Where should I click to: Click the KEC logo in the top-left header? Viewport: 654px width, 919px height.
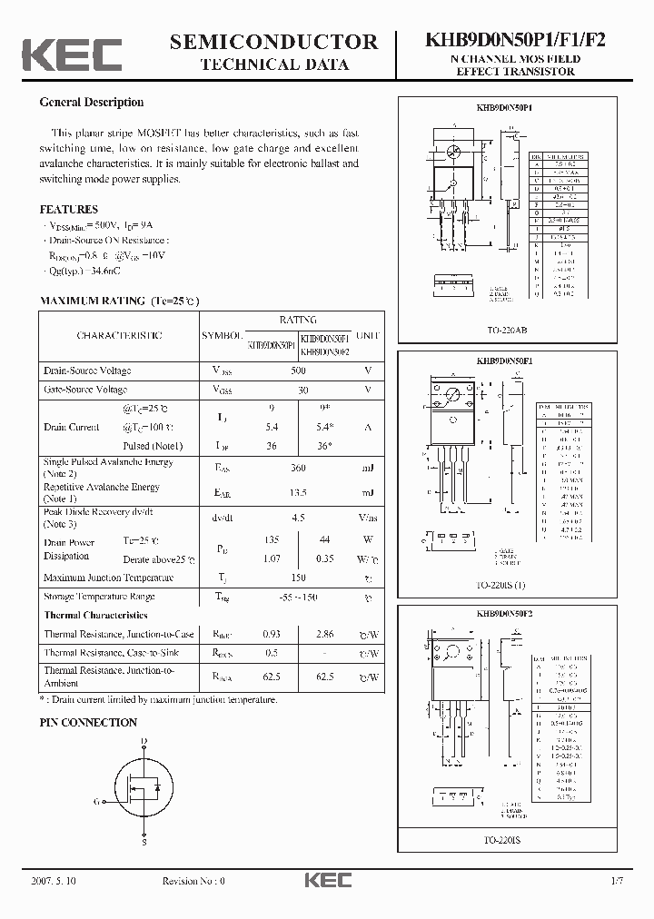(72, 54)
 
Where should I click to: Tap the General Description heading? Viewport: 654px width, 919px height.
(91, 103)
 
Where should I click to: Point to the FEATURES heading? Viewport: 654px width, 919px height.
(68, 209)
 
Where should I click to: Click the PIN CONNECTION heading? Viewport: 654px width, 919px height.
(88, 723)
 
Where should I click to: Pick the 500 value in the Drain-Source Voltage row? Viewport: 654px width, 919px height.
(297, 371)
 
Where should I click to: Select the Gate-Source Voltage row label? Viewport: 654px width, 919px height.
(85, 390)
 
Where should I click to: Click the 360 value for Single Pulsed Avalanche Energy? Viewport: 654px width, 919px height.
(297, 468)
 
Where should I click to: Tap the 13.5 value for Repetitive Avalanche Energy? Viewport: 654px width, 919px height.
(297, 492)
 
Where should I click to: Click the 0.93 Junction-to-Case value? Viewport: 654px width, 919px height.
(271, 634)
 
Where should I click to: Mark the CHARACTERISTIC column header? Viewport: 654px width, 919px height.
(120, 335)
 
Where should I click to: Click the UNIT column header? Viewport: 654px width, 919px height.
(369, 335)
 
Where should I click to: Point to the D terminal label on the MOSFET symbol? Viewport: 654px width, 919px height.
(144, 742)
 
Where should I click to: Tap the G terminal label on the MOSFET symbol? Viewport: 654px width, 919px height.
(96, 801)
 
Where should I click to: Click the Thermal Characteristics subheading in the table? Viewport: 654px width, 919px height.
(96, 615)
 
